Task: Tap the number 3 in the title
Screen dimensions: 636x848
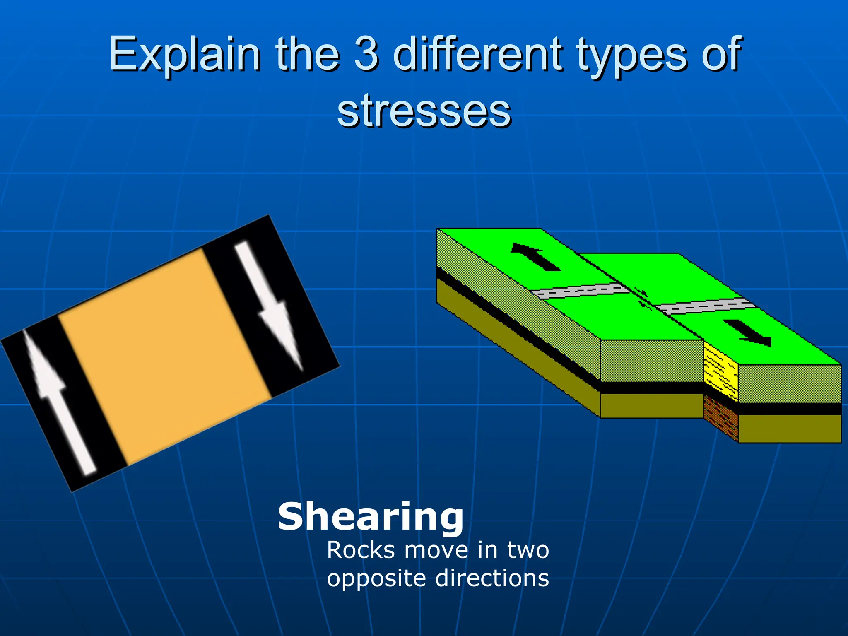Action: coord(366,54)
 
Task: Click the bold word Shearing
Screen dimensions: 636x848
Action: coord(371,516)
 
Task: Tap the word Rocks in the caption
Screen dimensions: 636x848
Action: coord(361,550)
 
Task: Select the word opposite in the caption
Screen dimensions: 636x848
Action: coord(377,578)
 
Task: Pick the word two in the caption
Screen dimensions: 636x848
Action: coord(528,550)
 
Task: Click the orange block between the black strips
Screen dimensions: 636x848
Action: coord(166,356)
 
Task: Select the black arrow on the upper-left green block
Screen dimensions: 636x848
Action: coord(536,257)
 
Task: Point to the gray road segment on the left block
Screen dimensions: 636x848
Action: coord(580,291)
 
